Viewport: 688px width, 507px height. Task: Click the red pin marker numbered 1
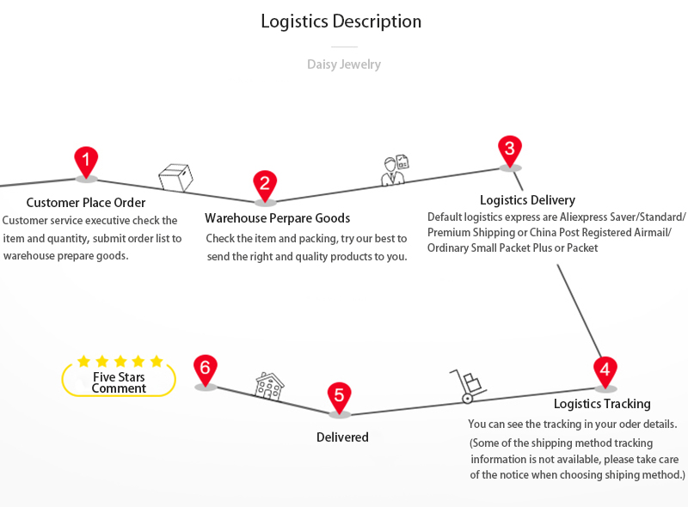(x=85, y=161)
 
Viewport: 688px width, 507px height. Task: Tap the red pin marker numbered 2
(x=265, y=184)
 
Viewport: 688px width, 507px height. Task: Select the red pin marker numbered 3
(x=510, y=150)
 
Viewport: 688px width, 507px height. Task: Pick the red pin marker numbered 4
(x=605, y=371)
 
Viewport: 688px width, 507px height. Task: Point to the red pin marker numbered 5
(x=340, y=397)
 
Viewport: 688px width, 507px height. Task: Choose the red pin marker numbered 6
(x=205, y=370)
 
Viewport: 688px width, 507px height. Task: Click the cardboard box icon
(x=175, y=177)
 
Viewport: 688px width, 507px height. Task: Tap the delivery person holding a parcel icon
(x=395, y=170)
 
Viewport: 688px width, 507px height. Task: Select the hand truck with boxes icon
(x=468, y=386)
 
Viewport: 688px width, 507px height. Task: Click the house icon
(x=269, y=386)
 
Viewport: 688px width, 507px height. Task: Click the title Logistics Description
(x=341, y=21)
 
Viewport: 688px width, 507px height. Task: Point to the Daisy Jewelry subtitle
(x=344, y=64)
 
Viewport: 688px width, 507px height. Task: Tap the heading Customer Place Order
(x=86, y=203)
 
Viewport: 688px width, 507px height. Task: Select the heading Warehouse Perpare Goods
(x=277, y=218)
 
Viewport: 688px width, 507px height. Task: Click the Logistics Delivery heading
(x=527, y=200)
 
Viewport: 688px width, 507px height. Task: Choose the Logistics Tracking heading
(x=602, y=404)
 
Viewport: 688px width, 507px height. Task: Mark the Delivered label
(x=342, y=437)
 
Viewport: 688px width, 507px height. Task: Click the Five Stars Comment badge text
(x=119, y=382)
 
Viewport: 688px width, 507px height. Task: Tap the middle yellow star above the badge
(x=120, y=362)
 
